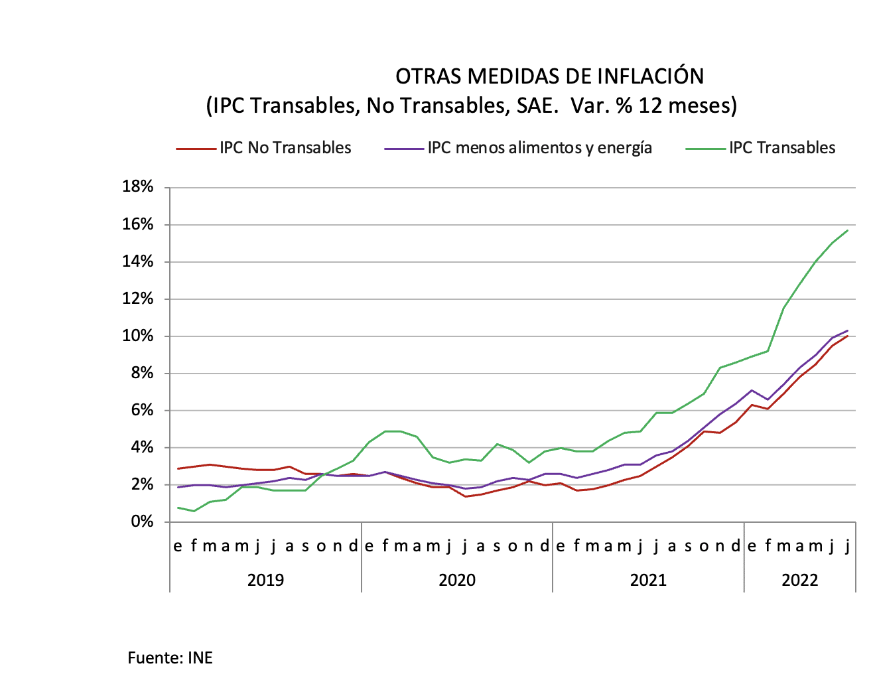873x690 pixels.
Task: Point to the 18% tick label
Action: coord(138,186)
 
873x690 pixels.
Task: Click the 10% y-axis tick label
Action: coord(138,336)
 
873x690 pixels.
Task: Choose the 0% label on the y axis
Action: coord(142,521)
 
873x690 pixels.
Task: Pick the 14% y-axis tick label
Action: coord(138,261)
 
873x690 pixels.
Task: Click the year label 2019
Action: coord(265,580)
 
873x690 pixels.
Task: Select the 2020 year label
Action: coord(457,580)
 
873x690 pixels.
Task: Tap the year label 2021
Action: coord(648,580)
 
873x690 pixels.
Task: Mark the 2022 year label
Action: coord(799,580)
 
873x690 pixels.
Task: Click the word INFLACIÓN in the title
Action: coord(651,77)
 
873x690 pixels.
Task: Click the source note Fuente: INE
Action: coord(170,657)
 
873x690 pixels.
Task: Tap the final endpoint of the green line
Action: coord(848,230)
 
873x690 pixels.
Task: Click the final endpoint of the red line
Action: coord(848,336)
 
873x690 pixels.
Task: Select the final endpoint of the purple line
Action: coord(848,330)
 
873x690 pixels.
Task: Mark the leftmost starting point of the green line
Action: coord(178,508)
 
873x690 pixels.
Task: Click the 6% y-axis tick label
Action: coord(142,410)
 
